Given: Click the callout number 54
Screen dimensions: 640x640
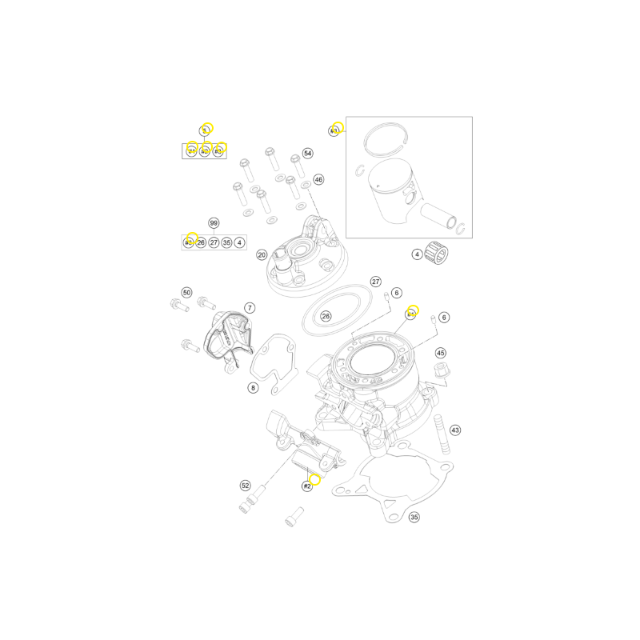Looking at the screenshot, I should point(308,153).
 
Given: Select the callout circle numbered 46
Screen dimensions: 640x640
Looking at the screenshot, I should point(318,180).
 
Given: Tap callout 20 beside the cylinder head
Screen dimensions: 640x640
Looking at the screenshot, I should point(262,255).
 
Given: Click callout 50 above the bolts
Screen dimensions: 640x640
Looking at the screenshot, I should point(186,293).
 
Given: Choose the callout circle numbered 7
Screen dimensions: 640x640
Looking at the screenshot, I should point(249,307).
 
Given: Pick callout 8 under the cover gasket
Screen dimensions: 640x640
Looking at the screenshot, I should point(253,388).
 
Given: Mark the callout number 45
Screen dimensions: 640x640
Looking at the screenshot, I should point(441,353).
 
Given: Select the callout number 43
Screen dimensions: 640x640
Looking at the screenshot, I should point(455,430).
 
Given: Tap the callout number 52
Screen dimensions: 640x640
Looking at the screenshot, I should point(246,486).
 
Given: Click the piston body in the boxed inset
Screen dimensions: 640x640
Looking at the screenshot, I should point(391,191).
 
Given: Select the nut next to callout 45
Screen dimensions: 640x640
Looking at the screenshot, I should point(438,371).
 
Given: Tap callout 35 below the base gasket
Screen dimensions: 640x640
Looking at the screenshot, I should point(414,518).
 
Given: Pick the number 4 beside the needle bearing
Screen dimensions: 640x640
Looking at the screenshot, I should point(417,255).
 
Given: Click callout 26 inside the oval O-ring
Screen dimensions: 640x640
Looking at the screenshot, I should point(326,316).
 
